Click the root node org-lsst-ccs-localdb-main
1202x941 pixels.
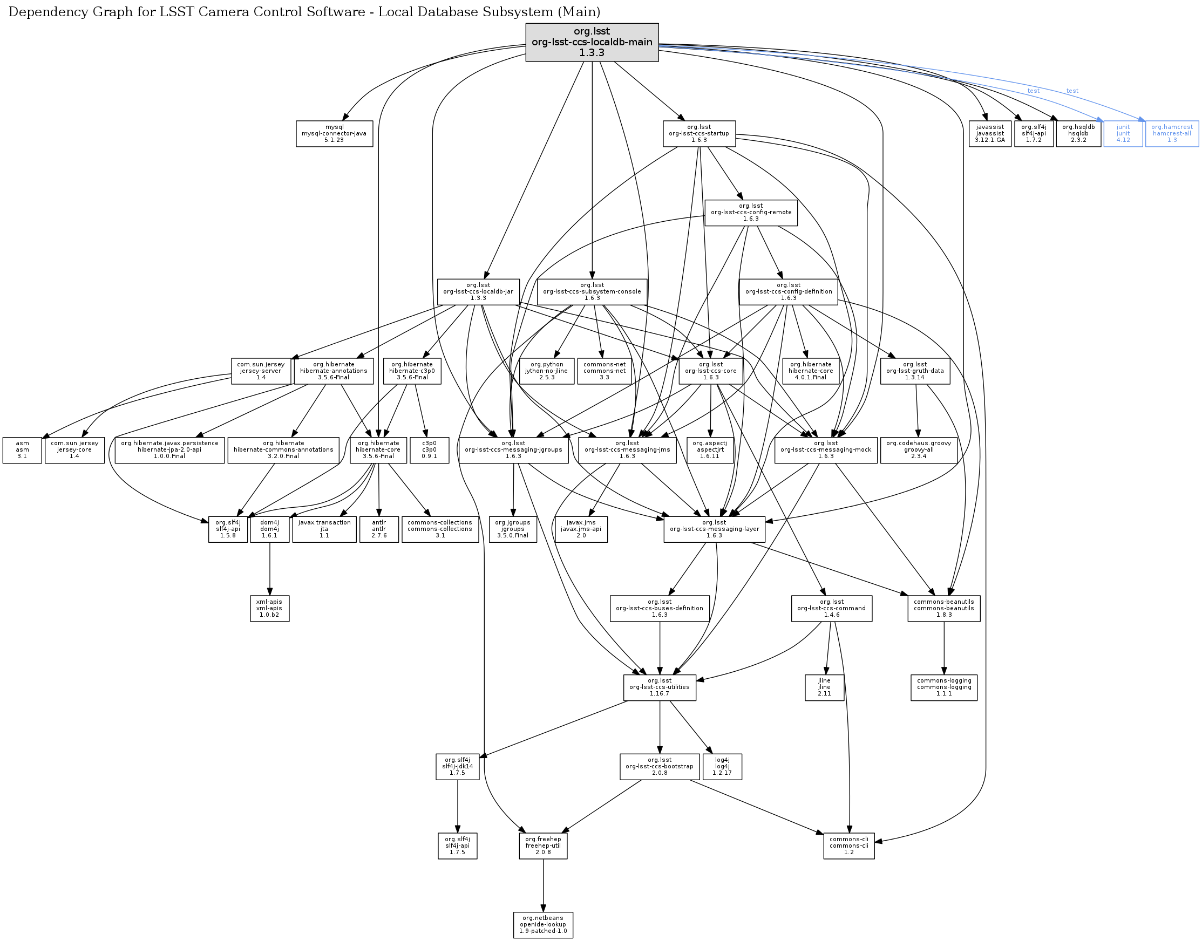pos(592,43)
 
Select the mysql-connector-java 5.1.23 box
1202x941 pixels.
pos(334,133)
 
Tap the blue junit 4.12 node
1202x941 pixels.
pos(1123,133)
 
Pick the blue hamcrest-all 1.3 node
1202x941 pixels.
pos(1172,133)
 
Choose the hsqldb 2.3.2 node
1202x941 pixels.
pos(1078,133)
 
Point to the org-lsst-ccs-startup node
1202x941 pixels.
pos(699,133)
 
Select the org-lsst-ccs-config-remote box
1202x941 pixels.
pos(751,213)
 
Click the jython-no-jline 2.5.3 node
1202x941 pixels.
pos(547,371)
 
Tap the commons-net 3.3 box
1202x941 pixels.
pos(604,371)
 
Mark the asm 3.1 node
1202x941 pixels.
pos(22,450)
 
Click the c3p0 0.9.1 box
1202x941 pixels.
pos(429,450)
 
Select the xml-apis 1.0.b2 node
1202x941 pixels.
pos(269,608)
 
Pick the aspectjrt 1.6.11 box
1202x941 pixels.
pos(710,450)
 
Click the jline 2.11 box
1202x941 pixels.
pos(824,687)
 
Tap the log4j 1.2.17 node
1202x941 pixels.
pos(722,766)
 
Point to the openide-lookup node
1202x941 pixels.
pos(543,925)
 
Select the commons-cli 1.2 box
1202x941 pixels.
pos(848,845)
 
